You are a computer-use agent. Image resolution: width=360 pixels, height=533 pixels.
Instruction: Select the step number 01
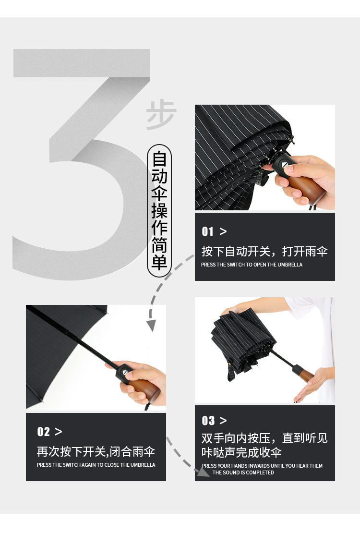tap(208, 232)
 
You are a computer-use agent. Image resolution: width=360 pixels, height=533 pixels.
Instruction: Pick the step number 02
tap(44, 432)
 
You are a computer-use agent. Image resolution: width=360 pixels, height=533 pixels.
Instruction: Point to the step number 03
tap(208, 421)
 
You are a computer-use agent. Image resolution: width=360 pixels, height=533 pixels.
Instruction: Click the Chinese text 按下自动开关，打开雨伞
tap(264, 251)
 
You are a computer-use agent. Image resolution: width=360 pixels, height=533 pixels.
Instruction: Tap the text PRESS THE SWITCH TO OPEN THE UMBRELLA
tap(252, 265)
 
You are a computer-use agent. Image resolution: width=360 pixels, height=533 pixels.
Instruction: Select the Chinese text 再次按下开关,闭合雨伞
tap(96, 452)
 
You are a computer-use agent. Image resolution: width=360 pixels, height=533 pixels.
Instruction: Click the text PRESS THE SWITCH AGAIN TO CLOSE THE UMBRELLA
tap(96, 465)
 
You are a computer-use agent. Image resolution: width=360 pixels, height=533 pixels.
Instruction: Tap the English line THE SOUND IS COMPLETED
tap(243, 472)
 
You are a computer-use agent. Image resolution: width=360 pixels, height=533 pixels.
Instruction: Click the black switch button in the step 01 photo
tap(284, 169)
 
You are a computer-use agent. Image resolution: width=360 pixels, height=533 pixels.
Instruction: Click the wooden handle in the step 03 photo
tap(301, 373)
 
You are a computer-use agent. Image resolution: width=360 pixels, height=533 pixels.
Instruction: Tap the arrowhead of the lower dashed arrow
tap(204, 472)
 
